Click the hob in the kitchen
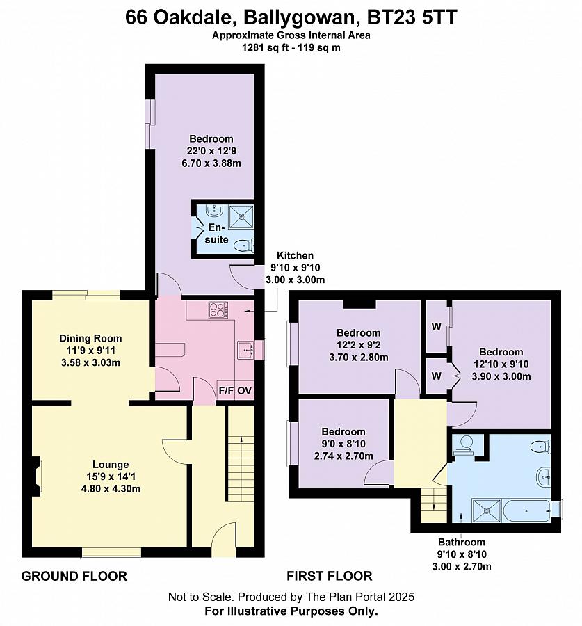[x=218, y=310]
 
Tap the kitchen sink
[x=246, y=350]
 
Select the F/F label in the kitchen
[x=226, y=390]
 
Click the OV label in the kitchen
[x=245, y=390]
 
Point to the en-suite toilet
[x=244, y=245]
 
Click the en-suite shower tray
[x=241, y=216]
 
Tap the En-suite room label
[x=217, y=233]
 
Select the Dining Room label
[x=90, y=338]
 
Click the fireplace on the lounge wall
[x=36, y=476]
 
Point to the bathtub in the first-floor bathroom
[x=526, y=511]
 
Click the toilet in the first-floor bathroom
[x=541, y=447]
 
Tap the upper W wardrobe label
[x=436, y=327]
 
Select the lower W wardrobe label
[x=436, y=376]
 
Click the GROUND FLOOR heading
[x=74, y=576]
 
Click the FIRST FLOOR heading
[x=330, y=576]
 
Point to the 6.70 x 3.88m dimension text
[x=211, y=163]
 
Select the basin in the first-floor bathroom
[x=543, y=476]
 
